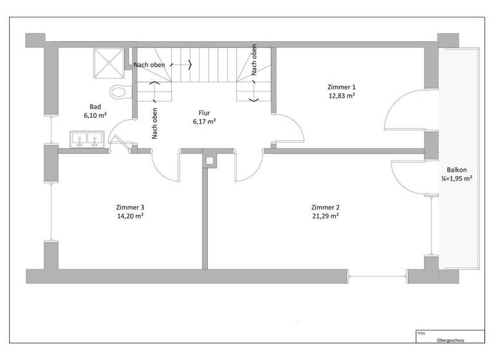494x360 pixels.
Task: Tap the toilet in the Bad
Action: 120,92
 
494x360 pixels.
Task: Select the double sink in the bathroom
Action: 89,138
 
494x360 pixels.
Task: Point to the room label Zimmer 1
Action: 342,87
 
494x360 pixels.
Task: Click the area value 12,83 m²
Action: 342,95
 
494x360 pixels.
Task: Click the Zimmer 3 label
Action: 130,208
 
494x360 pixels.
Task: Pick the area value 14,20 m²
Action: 130,217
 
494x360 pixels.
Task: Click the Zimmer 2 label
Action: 325,208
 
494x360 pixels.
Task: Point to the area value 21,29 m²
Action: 325,217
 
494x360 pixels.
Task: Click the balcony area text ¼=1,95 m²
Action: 456,179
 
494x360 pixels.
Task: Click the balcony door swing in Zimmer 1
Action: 404,110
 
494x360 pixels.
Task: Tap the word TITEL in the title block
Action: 421,333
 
